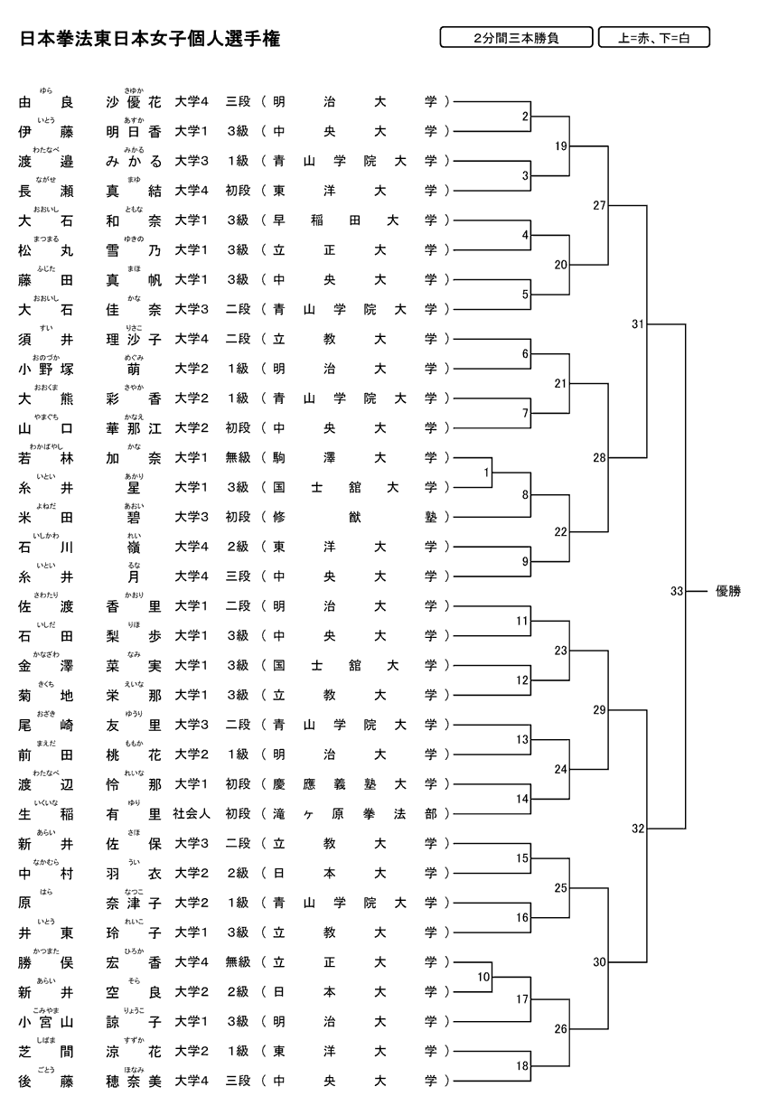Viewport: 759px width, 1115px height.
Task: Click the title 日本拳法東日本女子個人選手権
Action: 149,39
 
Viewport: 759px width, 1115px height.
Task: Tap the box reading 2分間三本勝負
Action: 516,38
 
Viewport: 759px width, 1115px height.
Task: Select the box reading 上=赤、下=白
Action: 653,38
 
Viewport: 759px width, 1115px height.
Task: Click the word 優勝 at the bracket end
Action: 727,591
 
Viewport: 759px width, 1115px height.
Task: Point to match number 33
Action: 677,591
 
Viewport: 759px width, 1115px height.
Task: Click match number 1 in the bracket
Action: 486,472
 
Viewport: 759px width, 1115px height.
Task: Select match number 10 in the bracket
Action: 484,976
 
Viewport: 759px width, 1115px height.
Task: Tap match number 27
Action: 599,205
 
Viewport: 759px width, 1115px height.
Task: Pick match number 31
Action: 638,323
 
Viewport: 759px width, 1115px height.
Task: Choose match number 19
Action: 561,145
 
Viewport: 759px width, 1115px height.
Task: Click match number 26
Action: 561,1028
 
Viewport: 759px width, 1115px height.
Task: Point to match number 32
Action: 638,828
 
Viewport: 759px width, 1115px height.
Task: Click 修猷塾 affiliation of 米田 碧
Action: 354,517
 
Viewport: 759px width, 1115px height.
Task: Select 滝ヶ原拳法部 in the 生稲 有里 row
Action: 354,813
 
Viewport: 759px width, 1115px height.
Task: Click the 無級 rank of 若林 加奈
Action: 238,458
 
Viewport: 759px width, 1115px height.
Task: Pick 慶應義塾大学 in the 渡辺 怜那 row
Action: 354,783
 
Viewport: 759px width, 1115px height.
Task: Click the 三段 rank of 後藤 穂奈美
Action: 238,1080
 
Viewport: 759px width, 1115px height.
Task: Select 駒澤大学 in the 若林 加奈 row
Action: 354,458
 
